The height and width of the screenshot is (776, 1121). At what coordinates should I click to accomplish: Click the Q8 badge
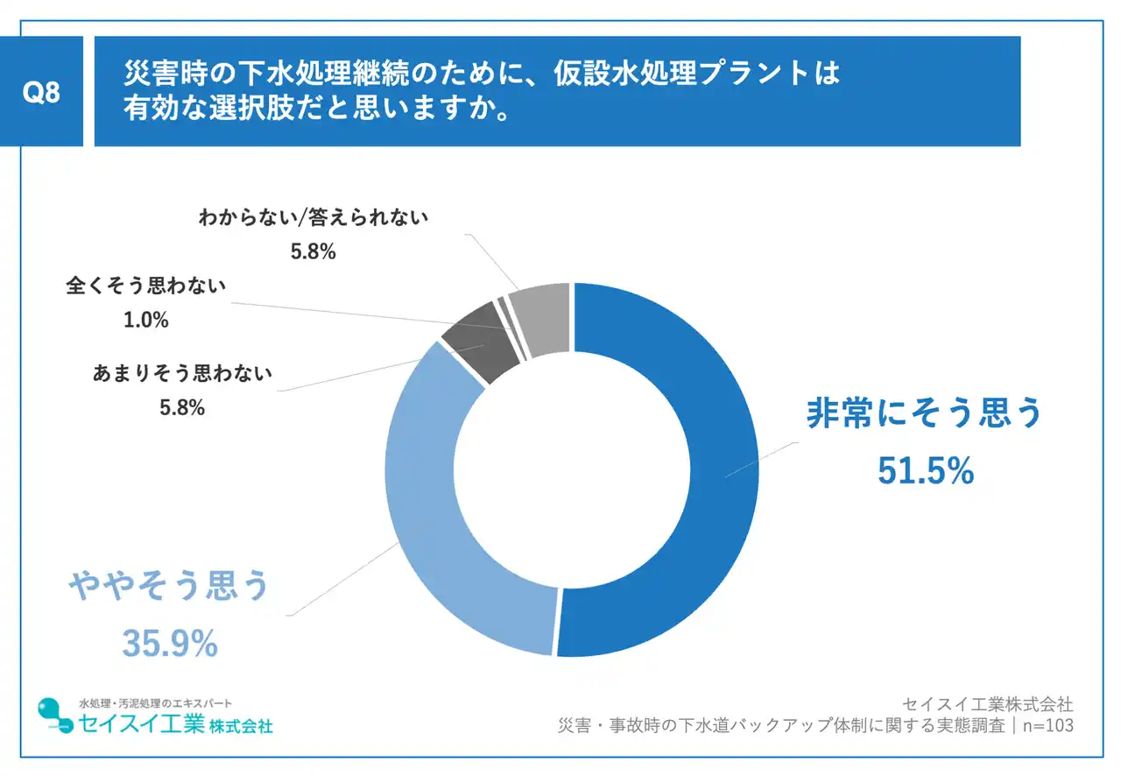(41, 92)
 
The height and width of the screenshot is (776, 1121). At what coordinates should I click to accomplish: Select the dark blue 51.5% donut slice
(692, 455)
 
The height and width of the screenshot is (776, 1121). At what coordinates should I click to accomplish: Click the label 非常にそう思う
(924, 413)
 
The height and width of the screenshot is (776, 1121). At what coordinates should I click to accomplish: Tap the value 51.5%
(926, 471)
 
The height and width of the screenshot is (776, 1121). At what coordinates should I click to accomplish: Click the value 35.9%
(169, 645)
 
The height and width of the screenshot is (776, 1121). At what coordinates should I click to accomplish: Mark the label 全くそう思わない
(146, 286)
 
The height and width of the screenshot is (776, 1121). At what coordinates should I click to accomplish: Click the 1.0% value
(146, 321)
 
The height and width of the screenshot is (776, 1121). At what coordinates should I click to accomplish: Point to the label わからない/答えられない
(314, 217)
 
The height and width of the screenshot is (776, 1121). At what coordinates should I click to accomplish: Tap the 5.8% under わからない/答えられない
(314, 252)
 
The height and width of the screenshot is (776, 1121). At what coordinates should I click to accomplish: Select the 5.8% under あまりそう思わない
(182, 407)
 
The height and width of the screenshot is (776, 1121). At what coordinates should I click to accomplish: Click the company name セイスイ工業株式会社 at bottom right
(987, 704)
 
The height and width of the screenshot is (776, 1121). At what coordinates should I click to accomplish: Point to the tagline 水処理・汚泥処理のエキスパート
(156, 703)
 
